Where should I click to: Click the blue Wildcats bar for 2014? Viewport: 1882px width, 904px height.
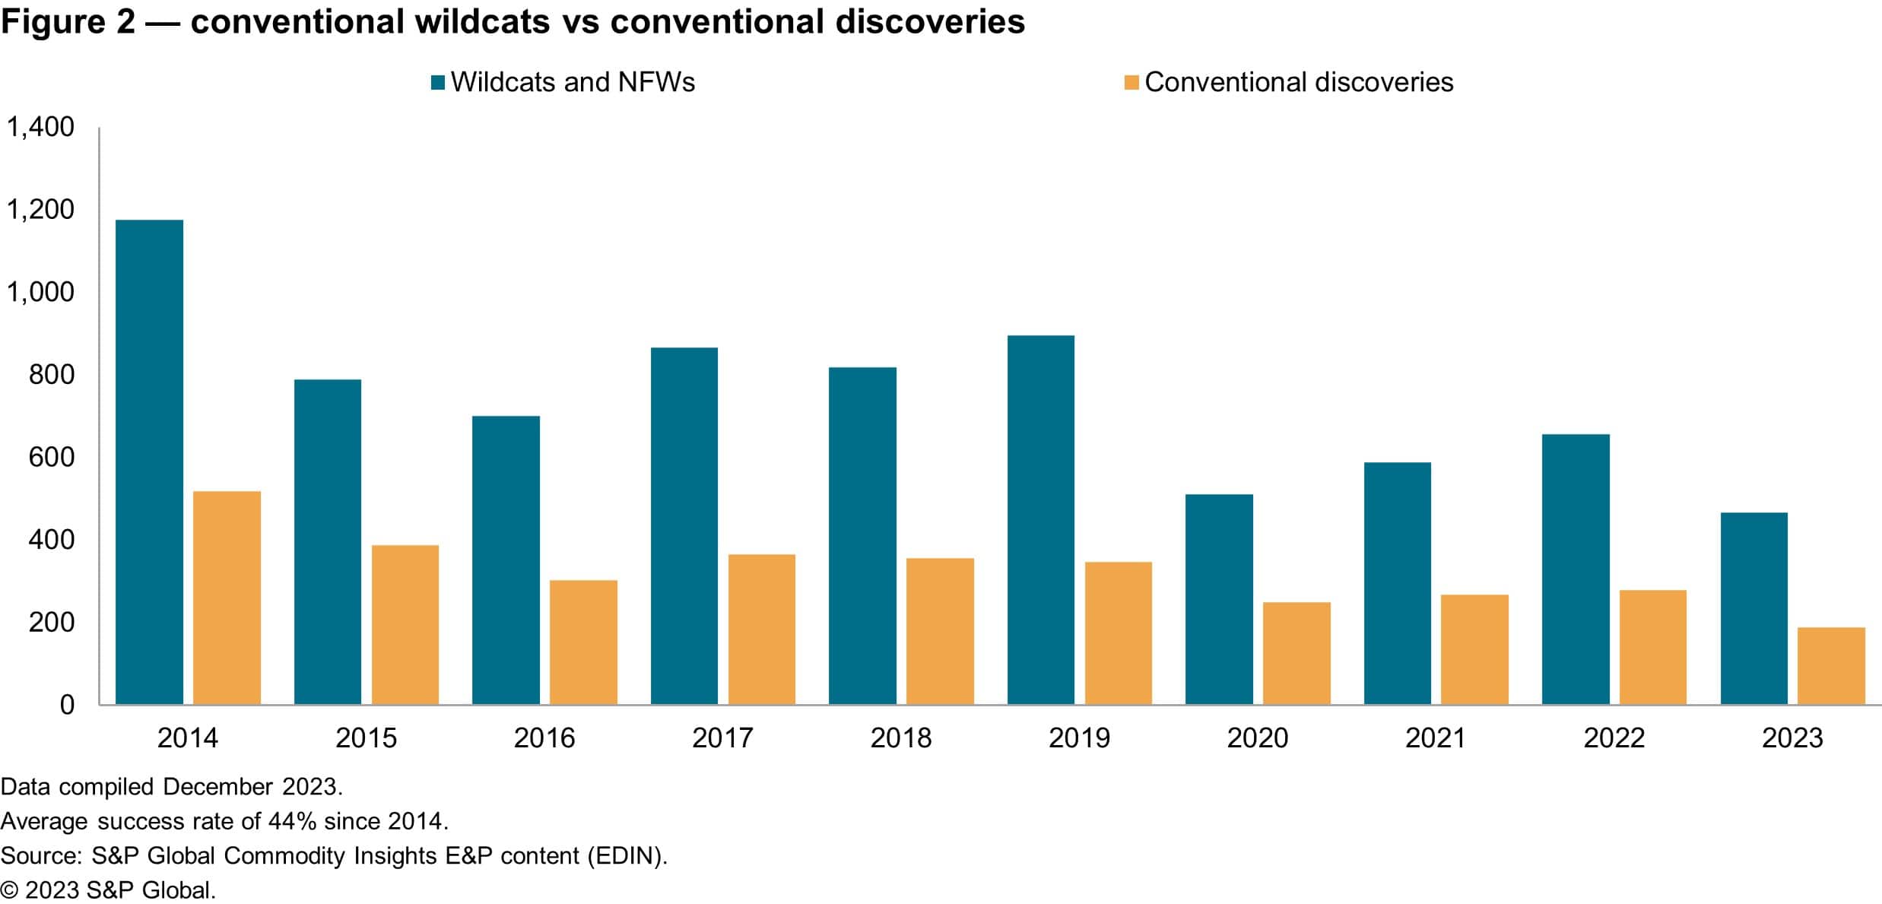(149, 462)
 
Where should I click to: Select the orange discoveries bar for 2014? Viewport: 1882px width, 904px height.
(227, 598)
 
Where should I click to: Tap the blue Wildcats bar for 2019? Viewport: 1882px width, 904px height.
(1040, 519)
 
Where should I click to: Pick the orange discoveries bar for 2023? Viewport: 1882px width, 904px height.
(1830, 665)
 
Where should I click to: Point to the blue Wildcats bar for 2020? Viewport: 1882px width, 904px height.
(1219, 599)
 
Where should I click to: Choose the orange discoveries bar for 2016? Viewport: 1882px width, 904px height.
(583, 642)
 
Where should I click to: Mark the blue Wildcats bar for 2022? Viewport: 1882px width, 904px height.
(1576, 569)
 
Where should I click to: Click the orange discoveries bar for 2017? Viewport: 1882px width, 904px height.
(761, 629)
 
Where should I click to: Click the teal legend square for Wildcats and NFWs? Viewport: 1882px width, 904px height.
(437, 83)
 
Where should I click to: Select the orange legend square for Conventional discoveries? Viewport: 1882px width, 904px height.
(1131, 83)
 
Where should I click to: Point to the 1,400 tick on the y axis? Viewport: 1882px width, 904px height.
(41, 127)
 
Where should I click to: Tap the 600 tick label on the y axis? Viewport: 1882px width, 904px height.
(52, 457)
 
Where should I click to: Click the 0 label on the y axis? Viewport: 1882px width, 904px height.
(67, 705)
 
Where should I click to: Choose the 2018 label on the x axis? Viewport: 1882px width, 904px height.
(900, 738)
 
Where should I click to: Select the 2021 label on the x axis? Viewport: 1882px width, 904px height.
(1435, 738)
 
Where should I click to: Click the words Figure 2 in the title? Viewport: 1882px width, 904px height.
(68, 22)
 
